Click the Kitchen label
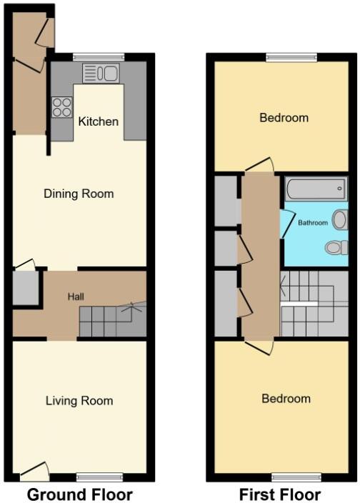99,121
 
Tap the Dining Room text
79,194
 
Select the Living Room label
79,401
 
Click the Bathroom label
313,223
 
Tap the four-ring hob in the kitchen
62,107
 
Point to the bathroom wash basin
340,219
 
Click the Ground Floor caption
79,494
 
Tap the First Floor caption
280,494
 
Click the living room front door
35,471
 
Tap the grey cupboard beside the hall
24,288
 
